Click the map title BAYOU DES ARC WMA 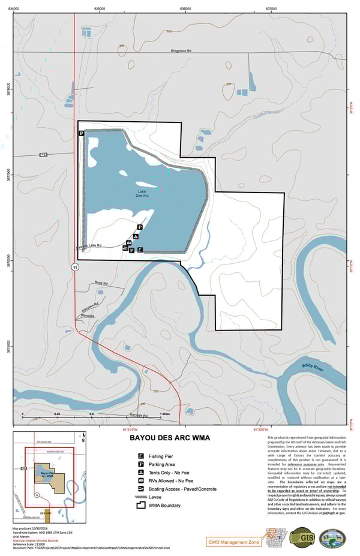(x=170, y=437)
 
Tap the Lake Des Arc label (x=142, y=194)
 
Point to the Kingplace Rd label (x=180, y=51)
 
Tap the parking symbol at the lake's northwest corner (x=80, y=134)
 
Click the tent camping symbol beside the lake (x=136, y=236)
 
